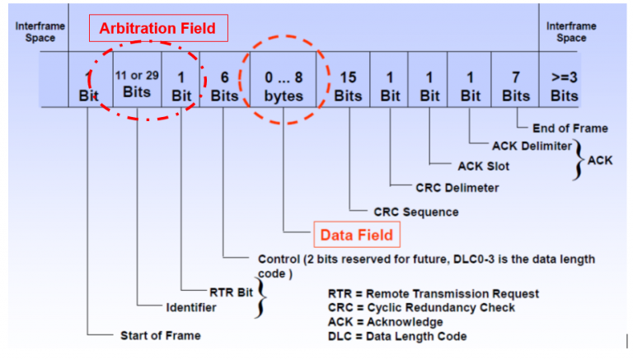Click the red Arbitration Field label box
point(157,29)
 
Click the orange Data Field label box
point(354,235)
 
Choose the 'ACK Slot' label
point(483,166)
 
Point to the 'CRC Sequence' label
point(416,211)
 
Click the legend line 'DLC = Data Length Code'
point(397,336)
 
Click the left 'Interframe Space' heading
point(35,31)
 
